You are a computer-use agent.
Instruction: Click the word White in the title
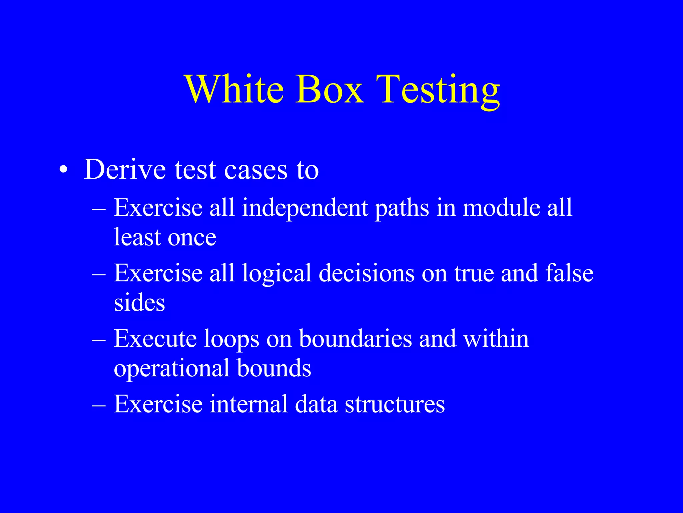click(235, 89)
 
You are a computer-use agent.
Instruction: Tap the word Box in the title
click(329, 89)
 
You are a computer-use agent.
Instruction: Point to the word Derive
click(125, 169)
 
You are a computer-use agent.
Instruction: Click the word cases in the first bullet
click(255, 170)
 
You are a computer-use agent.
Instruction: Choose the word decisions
click(366, 273)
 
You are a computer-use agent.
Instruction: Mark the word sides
click(139, 303)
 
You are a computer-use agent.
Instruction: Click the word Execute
click(155, 339)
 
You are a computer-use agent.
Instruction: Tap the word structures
click(395, 404)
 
